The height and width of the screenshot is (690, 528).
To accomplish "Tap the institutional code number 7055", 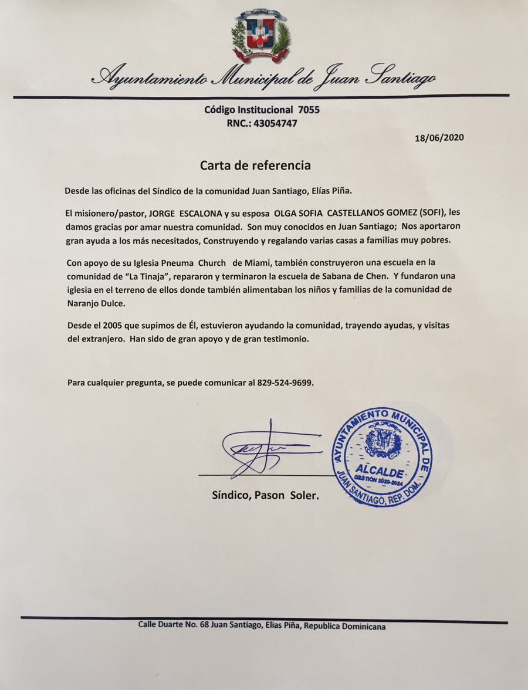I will tap(309, 110).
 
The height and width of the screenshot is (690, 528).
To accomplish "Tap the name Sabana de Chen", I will tap(346, 276).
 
